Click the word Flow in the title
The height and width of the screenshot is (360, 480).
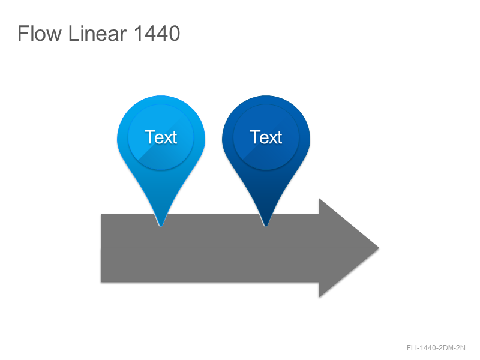(40, 34)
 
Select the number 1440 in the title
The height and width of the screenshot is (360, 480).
(157, 34)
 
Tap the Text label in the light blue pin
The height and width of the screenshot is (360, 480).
(161, 137)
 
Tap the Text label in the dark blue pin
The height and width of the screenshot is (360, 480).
(266, 137)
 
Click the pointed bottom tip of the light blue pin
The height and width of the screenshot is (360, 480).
(161, 227)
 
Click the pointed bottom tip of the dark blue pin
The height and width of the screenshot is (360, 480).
(266, 227)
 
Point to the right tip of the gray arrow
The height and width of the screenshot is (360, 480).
(379, 248)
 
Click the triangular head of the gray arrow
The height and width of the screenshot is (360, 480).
(340, 248)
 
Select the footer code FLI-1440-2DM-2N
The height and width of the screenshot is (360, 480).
(436, 348)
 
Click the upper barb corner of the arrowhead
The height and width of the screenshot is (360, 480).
(319, 199)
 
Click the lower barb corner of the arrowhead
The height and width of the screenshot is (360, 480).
(319, 297)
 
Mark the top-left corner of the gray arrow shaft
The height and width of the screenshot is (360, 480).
(101, 214)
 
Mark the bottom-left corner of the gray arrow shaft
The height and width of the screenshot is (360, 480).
(101, 282)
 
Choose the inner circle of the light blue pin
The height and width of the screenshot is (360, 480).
(161, 137)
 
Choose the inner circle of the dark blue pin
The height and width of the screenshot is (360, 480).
(266, 137)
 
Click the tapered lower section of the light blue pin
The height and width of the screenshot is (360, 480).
(161, 196)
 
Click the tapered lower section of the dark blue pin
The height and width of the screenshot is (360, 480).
(266, 196)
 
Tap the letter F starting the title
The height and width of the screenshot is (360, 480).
(23, 34)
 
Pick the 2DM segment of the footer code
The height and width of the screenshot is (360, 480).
(445, 348)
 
